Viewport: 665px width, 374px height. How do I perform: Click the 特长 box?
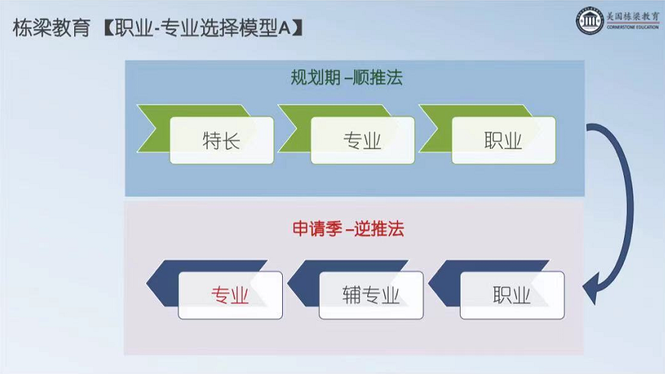[222, 140]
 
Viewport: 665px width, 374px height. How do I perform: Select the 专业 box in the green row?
[362, 140]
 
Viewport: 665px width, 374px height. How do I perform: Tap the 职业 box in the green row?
[503, 140]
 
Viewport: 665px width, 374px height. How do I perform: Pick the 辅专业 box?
[371, 295]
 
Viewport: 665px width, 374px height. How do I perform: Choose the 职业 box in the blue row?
[512, 295]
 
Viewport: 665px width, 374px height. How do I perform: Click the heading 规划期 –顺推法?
[346, 78]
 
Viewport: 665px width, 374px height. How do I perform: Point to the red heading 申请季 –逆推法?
[348, 229]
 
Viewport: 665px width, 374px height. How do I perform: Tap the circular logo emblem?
[589, 20]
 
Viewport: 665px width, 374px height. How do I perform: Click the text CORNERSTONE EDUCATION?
[633, 28]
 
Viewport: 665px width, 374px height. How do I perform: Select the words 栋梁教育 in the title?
[51, 29]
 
